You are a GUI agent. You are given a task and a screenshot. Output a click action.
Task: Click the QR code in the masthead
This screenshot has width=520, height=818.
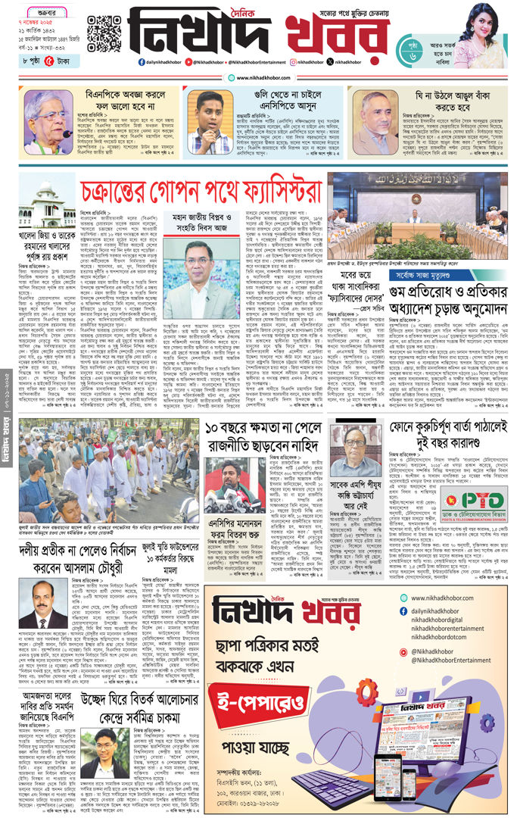(104, 32)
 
